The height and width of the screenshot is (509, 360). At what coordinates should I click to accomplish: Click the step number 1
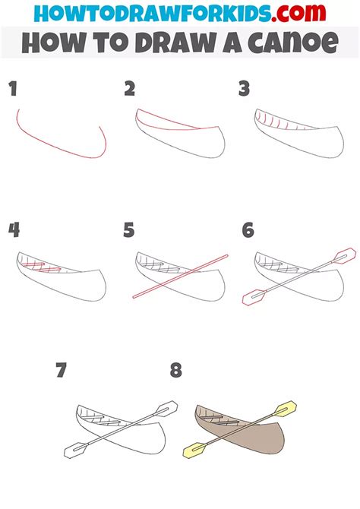pos(13,90)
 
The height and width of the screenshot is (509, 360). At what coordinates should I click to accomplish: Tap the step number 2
pos(130,90)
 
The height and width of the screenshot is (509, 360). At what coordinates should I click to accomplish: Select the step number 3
pos(244,90)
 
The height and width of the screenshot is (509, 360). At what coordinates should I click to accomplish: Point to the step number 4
pos(13,230)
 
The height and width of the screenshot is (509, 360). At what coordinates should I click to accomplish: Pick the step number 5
pos(129,230)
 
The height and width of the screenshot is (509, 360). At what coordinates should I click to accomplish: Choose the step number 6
pos(248,230)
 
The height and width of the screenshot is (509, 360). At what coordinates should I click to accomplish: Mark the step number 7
pos(62,371)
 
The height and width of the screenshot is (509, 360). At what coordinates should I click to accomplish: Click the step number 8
pos(176,371)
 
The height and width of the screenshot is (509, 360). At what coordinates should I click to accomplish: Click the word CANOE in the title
pos(297,43)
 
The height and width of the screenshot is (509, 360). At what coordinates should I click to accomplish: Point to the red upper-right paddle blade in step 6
pos(345,254)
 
